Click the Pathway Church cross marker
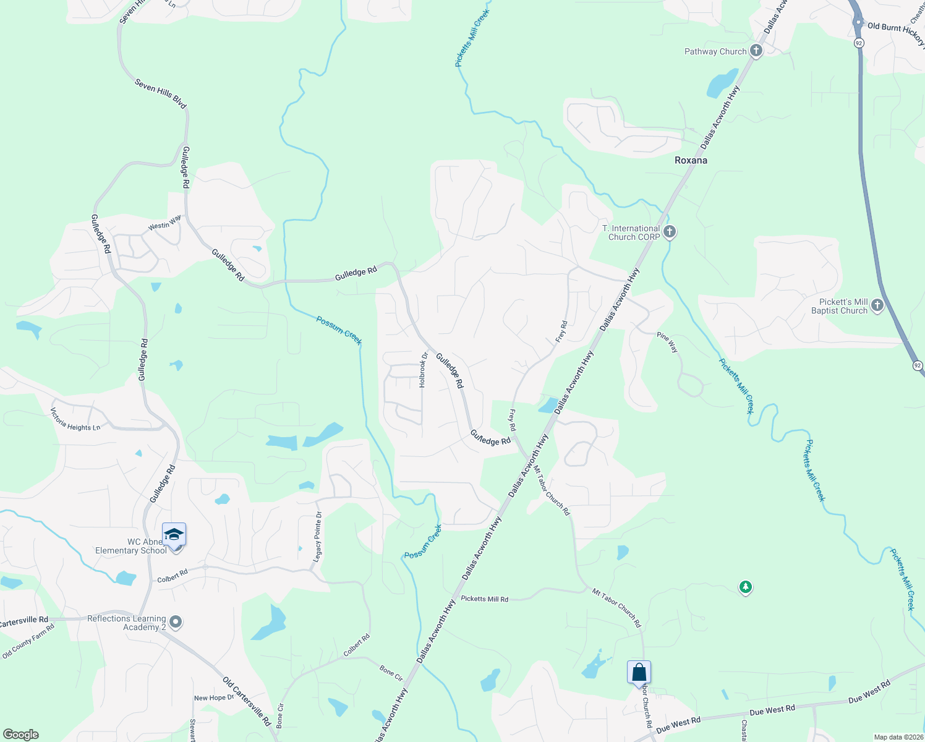pyautogui.click(x=756, y=51)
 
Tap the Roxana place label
pyautogui.click(x=691, y=160)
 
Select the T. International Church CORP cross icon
pyautogui.click(x=669, y=232)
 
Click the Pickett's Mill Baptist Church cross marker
pyautogui.click(x=877, y=306)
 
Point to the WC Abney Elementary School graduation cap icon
pyautogui.click(x=174, y=535)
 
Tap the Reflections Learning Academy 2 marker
pyautogui.click(x=176, y=622)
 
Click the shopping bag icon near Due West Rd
pyautogui.click(x=639, y=673)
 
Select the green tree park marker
pyautogui.click(x=746, y=587)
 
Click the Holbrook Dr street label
pyautogui.click(x=424, y=370)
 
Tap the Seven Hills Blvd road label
pyautogui.click(x=161, y=93)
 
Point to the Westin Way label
pyautogui.click(x=164, y=223)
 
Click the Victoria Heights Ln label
pyautogui.click(x=75, y=420)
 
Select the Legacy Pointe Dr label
pyautogui.click(x=318, y=535)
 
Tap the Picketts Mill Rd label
pyautogui.click(x=485, y=599)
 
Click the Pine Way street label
pyautogui.click(x=668, y=343)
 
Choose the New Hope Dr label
pyautogui.click(x=214, y=697)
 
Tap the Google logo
pyautogui.click(x=21, y=735)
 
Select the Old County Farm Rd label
pyautogui.click(x=28, y=641)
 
